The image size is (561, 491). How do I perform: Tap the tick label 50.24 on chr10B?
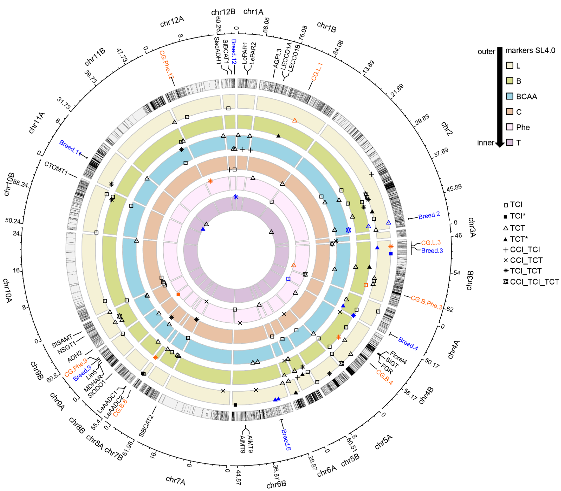point(13,221)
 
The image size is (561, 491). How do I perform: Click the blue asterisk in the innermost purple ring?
point(236,197)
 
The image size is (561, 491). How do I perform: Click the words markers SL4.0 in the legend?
point(530,50)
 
